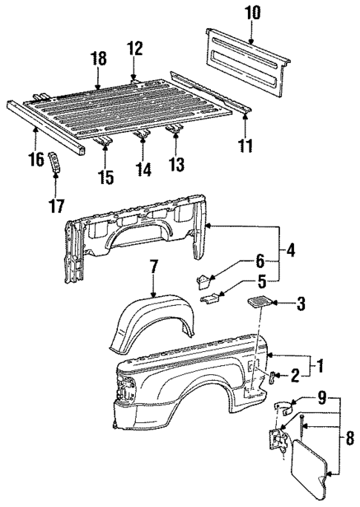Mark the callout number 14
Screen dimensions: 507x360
coord(143,170)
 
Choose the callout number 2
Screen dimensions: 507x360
coord(295,376)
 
